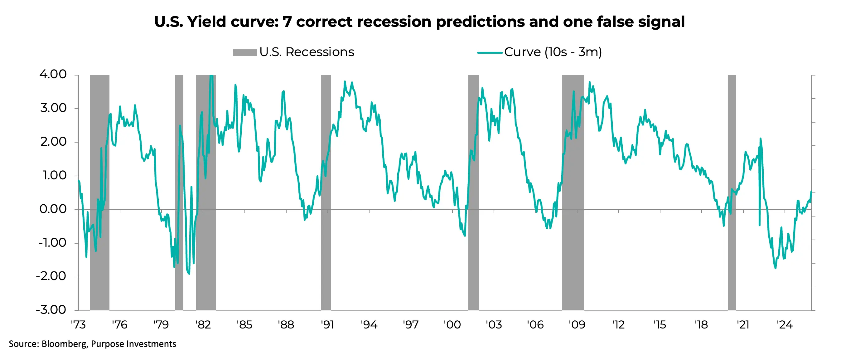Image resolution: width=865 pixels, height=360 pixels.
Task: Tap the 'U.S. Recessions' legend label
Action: click(307, 52)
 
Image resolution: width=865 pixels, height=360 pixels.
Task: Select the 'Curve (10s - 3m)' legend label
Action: click(553, 52)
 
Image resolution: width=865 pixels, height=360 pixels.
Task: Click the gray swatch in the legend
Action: click(245, 53)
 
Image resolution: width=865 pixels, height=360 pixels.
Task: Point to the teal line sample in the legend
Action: click(490, 53)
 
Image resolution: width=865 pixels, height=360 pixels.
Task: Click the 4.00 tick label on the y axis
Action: click(53, 74)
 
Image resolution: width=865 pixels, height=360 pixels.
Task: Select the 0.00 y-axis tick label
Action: click(53, 209)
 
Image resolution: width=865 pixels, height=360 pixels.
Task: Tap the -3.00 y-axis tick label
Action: click(51, 310)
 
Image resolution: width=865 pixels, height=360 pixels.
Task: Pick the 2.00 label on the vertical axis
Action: click(53, 142)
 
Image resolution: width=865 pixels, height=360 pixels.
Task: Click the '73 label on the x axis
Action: click(78, 325)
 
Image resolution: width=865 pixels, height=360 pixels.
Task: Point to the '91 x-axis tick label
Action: click(327, 325)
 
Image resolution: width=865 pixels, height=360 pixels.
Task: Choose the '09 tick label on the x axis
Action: click(577, 325)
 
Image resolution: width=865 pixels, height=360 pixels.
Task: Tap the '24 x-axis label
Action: click(785, 325)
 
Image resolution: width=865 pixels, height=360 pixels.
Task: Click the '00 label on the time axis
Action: click(452, 325)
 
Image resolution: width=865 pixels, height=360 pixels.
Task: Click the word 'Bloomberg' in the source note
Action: click(64, 344)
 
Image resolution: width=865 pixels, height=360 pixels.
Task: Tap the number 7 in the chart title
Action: click(287, 22)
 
